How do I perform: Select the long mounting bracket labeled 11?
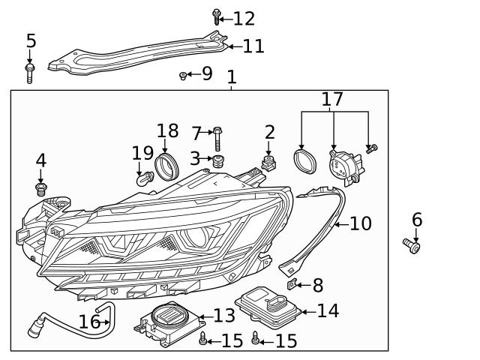(135, 57)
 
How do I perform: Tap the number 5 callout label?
(31, 40)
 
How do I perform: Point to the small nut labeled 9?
(183, 75)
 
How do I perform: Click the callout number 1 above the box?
(232, 76)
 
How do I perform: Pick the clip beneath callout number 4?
(41, 187)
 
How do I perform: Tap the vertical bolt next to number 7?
(217, 139)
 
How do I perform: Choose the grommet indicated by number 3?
(219, 161)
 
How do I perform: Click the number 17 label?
(332, 99)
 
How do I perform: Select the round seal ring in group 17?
(304, 161)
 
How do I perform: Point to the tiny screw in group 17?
(371, 149)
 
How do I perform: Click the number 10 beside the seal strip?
(361, 223)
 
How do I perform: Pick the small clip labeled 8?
(295, 285)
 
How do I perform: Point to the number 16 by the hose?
(89, 322)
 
